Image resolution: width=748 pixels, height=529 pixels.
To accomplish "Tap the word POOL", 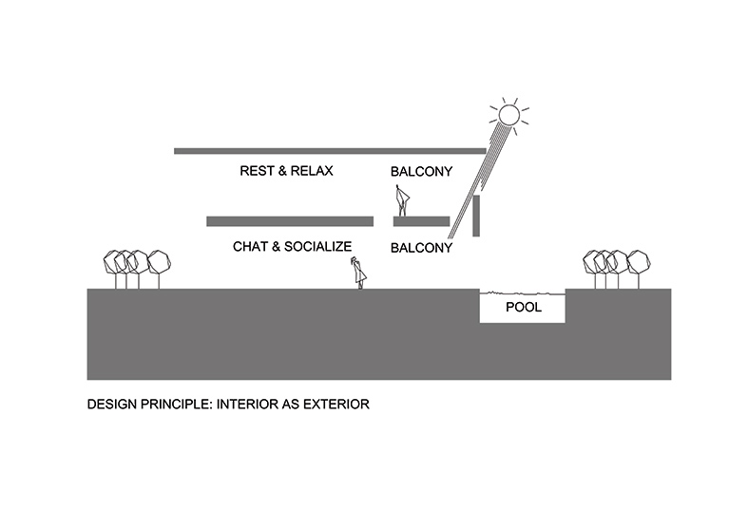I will click(x=523, y=309).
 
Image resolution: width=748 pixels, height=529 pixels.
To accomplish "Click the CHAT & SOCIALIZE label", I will click(x=292, y=247).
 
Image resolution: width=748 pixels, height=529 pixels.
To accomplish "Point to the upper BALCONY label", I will click(x=421, y=173).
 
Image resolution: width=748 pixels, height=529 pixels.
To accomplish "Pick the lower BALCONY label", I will click(x=421, y=248).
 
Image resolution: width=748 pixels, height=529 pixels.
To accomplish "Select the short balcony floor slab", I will click(x=421, y=221).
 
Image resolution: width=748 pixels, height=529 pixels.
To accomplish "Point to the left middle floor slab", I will click(x=288, y=221).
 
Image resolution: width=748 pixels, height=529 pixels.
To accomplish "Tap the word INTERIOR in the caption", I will click(x=249, y=404).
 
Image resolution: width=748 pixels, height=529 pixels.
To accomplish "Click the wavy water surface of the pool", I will click(x=523, y=293).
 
